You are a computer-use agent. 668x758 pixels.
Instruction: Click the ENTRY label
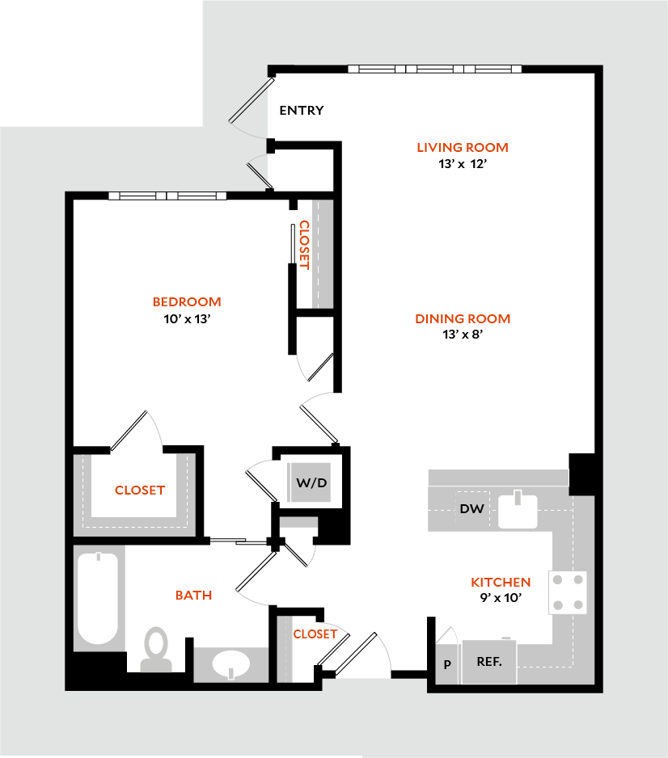(x=302, y=111)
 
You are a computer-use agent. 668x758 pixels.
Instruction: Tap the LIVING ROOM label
(x=463, y=147)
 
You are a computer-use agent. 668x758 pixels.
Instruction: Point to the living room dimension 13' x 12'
(x=463, y=164)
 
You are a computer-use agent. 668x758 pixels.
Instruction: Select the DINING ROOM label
(x=463, y=318)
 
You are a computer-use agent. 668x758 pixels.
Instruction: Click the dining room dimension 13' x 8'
(x=463, y=335)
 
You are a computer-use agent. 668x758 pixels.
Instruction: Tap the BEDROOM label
(x=187, y=302)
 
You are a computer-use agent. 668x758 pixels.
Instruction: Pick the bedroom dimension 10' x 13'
(x=187, y=319)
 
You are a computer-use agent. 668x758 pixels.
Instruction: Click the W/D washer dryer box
(x=311, y=483)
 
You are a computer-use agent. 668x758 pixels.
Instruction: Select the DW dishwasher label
(x=471, y=509)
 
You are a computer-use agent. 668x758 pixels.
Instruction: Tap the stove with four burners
(x=568, y=592)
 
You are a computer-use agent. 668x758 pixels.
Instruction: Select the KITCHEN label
(x=501, y=582)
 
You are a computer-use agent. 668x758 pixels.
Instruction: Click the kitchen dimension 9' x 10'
(x=501, y=599)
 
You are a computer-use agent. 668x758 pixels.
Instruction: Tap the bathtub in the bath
(x=99, y=596)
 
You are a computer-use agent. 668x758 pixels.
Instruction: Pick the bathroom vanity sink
(x=231, y=663)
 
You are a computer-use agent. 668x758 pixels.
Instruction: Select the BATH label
(x=194, y=596)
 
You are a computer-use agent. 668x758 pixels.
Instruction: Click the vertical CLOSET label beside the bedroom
(x=304, y=244)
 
